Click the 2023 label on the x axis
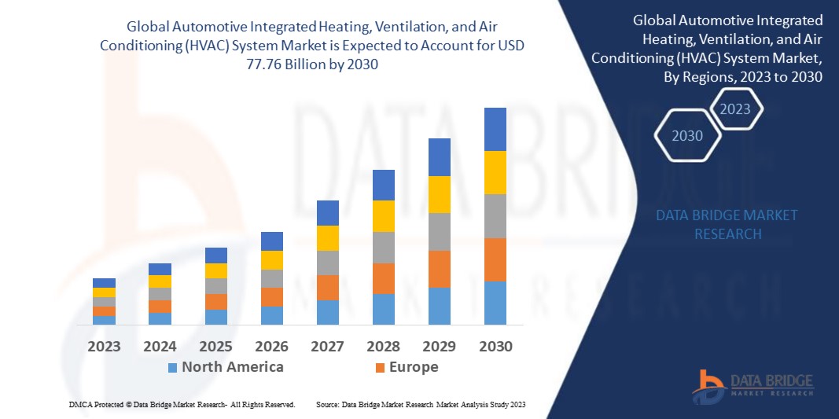pos(104,346)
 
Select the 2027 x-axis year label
pos(327,346)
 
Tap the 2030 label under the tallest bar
pos(495,346)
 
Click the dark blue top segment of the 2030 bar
pos(495,129)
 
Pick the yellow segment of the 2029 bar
pos(439,194)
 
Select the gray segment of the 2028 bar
pos(383,247)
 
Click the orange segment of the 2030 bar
pos(495,259)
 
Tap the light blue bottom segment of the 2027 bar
pos(327,312)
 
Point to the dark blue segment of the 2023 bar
pos(104,283)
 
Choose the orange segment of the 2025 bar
pos(215,302)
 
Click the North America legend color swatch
pos(172,368)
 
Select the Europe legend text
pos(413,367)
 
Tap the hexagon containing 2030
pos(686,136)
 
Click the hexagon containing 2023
pos(735,109)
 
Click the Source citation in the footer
pos(421,404)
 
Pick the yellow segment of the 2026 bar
pos(271,260)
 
